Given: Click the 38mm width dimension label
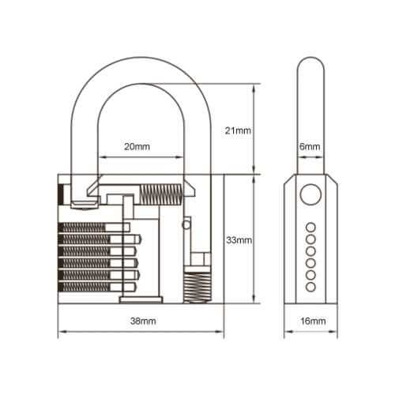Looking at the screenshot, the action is coord(143,321).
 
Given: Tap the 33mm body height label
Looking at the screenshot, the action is coord(239,240).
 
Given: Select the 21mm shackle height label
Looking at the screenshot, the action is coord(238,130).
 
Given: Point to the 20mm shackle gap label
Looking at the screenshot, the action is coord(137,146).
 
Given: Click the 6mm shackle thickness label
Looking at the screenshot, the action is coord(310,146).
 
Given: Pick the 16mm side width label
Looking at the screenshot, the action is coord(313,321).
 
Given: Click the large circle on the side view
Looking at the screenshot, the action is coord(310,194).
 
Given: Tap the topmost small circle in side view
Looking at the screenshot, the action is coord(310,228).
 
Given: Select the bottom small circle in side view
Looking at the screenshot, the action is coord(310,287).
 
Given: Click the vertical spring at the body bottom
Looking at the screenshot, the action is coord(197,288).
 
